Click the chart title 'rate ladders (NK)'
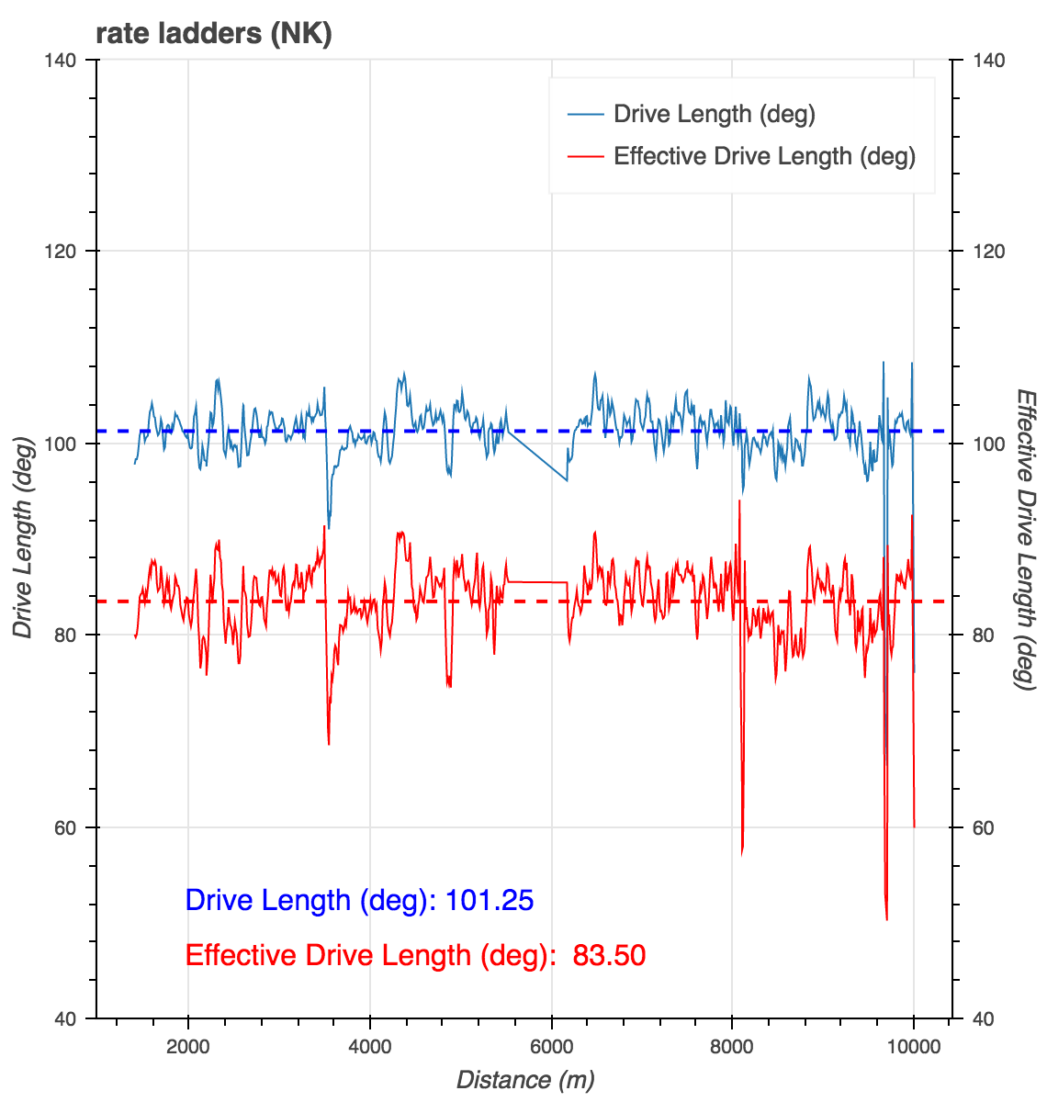coord(213,34)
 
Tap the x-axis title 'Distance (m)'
coord(525,1079)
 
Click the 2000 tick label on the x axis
coord(187,1047)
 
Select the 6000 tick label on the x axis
coord(551,1047)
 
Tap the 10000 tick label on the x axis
coord(913,1047)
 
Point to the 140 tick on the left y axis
coord(70,61)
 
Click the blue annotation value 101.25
coord(489,900)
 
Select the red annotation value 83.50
coord(609,956)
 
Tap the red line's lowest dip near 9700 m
coord(886,918)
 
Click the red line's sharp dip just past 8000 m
coord(742,853)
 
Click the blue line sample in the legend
coord(586,114)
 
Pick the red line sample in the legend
coord(586,156)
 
